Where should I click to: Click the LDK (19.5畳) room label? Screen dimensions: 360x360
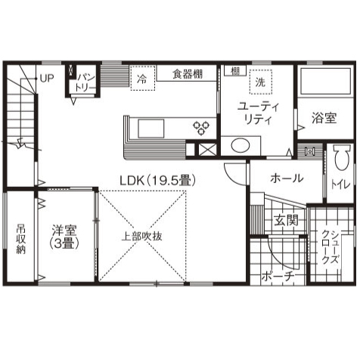[x=159, y=180]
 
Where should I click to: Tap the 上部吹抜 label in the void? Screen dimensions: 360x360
[x=142, y=235]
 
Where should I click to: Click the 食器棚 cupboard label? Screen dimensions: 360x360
[x=187, y=74]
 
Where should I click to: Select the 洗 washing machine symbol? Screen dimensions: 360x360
[x=260, y=81]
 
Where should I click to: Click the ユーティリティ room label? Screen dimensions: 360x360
[x=259, y=113]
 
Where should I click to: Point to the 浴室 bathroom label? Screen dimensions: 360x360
[x=324, y=119]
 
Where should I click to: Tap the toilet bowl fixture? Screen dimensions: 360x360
[x=340, y=164]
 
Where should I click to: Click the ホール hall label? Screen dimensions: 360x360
[x=287, y=178]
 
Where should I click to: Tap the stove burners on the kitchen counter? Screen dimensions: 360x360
[x=203, y=126]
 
